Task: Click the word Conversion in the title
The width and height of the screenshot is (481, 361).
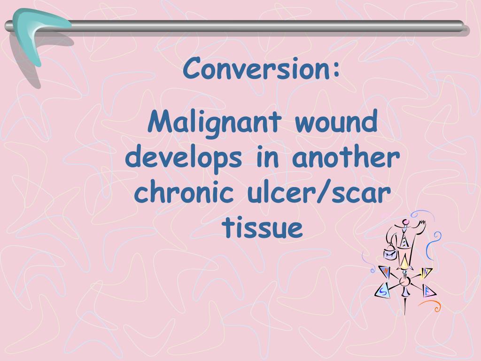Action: [x=254, y=69]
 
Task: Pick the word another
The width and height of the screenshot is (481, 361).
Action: [x=346, y=158]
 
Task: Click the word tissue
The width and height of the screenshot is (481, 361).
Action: [x=262, y=228]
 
